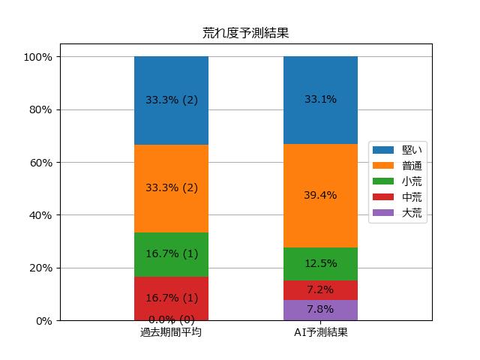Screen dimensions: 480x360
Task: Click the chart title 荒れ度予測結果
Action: pyautogui.click(x=245, y=33)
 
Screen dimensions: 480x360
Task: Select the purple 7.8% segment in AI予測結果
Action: pyautogui.click(x=320, y=310)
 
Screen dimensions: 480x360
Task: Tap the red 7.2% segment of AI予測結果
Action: pyautogui.click(x=320, y=290)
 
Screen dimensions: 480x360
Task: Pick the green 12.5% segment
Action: pyautogui.click(x=320, y=264)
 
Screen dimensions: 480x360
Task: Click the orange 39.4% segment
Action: pyautogui.click(x=320, y=196)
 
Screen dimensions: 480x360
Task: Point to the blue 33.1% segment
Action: pyautogui.click(x=320, y=100)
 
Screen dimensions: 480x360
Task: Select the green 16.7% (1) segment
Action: pyautogui.click(x=172, y=255)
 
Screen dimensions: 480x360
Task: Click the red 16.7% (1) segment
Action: pyautogui.click(x=172, y=298)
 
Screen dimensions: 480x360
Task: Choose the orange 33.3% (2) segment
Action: pyautogui.click(x=172, y=188)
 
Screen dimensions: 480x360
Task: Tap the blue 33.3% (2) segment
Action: pyautogui.click(x=172, y=100)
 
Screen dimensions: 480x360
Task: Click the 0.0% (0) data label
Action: pyautogui.click(x=172, y=319)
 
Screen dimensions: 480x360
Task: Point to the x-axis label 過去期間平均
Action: pyautogui.click(x=171, y=332)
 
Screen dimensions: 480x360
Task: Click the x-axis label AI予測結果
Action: pyautogui.click(x=320, y=332)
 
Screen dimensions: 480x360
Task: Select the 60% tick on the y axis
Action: pyautogui.click(x=40, y=163)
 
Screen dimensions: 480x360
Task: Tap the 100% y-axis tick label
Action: pyautogui.click(x=38, y=57)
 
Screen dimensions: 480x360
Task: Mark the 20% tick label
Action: pyautogui.click(x=40, y=268)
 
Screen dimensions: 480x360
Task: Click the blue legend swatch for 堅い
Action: pyautogui.click(x=383, y=150)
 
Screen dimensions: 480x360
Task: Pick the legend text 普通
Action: pyautogui.click(x=412, y=166)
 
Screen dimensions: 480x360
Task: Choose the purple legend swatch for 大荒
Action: pyautogui.click(x=383, y=213)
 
